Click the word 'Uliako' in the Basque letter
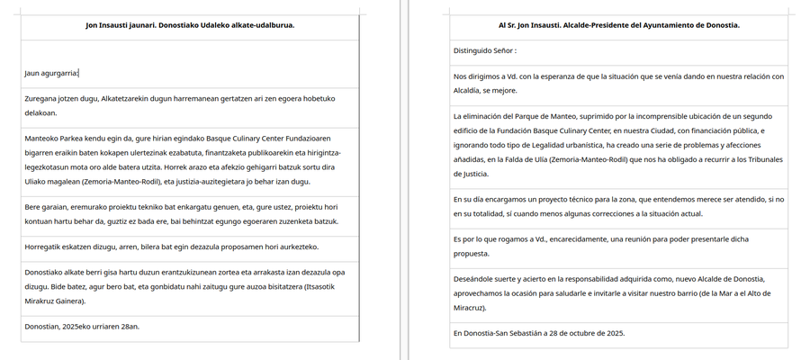point(39,182)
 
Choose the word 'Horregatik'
point(47,247)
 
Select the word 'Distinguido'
point(476,50)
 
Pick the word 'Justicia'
point(476,174)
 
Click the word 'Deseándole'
point(478,279)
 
